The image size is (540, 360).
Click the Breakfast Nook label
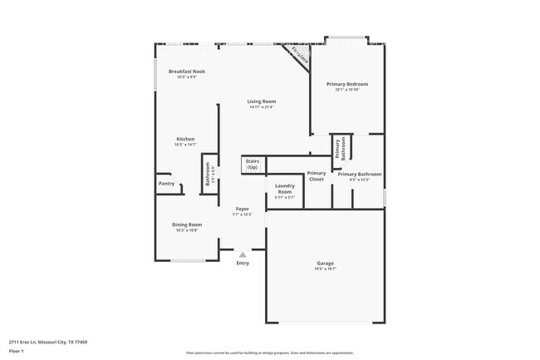point(187,72)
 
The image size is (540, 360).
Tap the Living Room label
point(261,101)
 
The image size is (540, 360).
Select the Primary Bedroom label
point(346,84)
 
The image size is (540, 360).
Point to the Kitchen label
point(185,139)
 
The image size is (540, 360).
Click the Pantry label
point(166,184)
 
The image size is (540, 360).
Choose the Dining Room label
point(187,224)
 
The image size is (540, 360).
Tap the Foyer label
point(243,209)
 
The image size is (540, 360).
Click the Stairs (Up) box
point(252,165)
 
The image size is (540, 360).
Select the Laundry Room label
point(284,189)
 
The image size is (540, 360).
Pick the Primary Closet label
point(317,175)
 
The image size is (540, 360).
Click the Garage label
point(325,264)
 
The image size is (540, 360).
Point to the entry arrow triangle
point(243,255)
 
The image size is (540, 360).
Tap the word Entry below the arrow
point(243,264)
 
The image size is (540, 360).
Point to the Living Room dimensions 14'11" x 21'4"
point(261,107)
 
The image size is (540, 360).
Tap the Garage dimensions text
point(325,269)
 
